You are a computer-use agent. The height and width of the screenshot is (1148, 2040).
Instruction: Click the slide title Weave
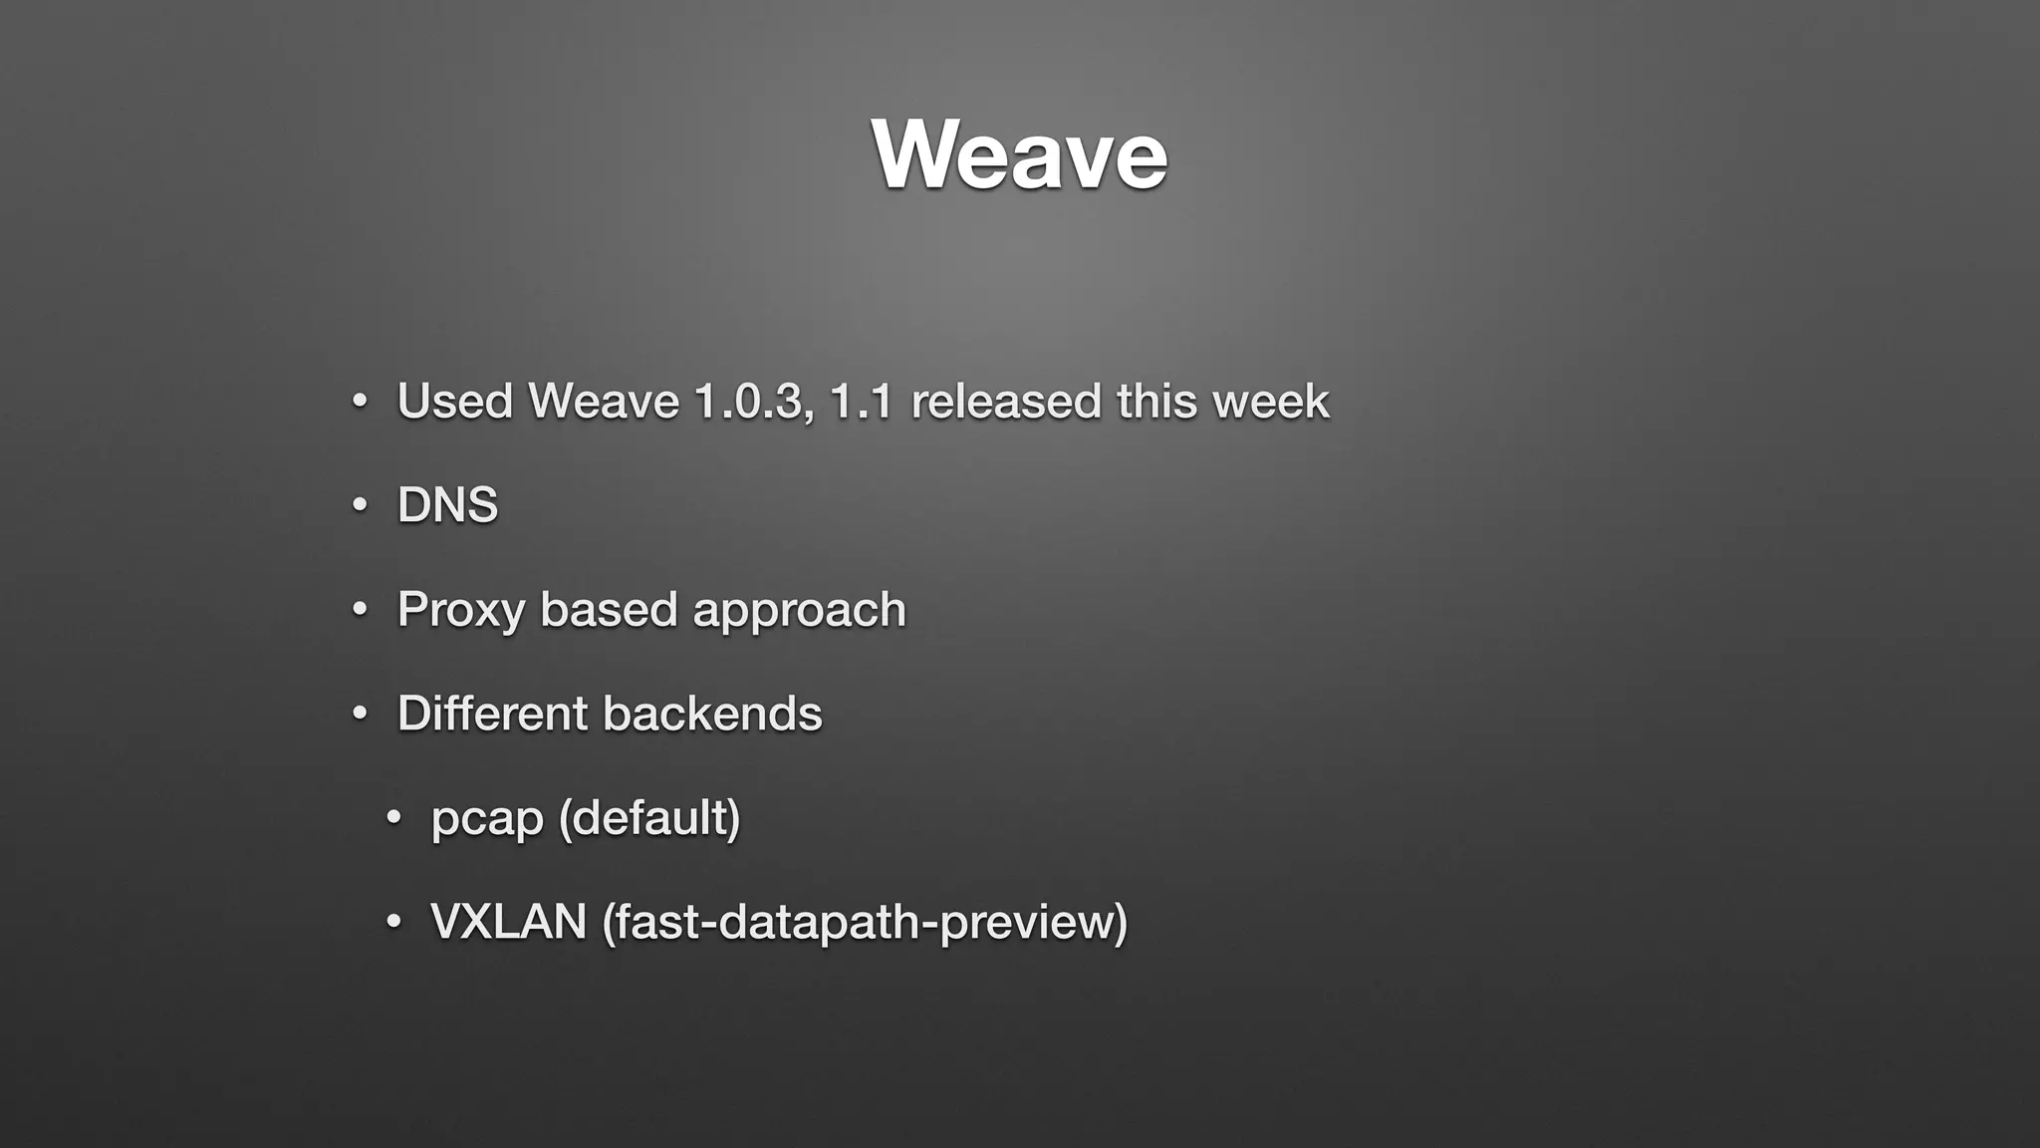(x=1019, y=154)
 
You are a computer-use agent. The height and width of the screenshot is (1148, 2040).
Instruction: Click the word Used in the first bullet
(x=454, y=402)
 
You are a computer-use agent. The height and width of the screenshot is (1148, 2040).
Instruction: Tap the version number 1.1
(x=861, y=402)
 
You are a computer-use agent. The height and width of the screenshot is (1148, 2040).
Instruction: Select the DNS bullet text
(x=447, y=505)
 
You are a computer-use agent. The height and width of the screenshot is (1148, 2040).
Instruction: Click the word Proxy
(x=460, y=610)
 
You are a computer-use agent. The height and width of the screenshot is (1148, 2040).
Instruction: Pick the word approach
(x=799, y=610)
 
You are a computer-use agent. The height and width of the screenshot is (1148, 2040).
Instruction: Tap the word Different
(x=492, y=714)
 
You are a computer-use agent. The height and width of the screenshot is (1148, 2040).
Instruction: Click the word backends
(x=712, y=714)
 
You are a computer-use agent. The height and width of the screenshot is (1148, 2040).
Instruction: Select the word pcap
(x=486, y=819)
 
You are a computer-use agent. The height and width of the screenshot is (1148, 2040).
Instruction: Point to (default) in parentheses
(x=649, y=818)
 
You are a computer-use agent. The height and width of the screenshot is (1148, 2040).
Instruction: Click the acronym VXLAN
(x=508, y=921)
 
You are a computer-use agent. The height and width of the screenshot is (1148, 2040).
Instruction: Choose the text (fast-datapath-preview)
(x=865, y=921)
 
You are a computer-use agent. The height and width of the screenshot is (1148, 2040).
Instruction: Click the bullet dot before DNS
(x=360, y=505)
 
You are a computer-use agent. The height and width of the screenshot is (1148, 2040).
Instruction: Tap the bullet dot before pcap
(x=393, y=818)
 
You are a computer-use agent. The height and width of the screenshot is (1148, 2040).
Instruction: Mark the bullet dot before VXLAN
(x=393, y=922)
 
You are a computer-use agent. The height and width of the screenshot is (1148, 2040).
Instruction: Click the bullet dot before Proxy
(x=360, y=609)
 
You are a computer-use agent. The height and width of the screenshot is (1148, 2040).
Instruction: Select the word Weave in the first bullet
(x=603, y=402)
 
